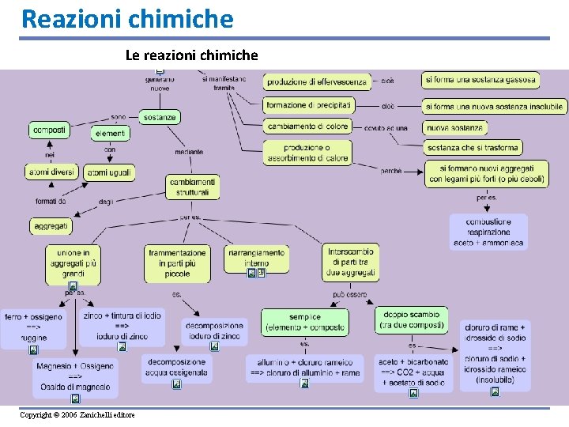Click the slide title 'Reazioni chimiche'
pos(127,18)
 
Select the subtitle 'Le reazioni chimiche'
pos(191,55)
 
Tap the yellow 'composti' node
pos(49,129)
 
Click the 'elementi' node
pos(110,134)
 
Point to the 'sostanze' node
pos(160,117)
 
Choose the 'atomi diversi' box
pos(51,172)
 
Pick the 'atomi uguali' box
pos(110,172)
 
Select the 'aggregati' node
pos(51,226)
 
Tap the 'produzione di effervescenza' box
pos(316,81)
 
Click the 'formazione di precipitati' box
pos(308,105)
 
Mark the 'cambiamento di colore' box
pos(307,126)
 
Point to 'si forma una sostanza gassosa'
pos(480,80)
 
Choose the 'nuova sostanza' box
pos(455,127)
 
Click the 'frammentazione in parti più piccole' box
pos(177,263)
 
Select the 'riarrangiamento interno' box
pos(257,258)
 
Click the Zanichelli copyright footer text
pos(77,415)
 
